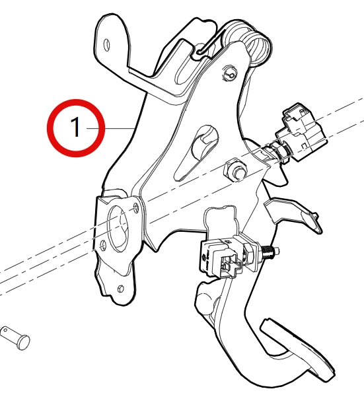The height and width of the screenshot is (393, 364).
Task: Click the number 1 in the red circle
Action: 76,127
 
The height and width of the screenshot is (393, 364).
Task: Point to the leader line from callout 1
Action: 119,127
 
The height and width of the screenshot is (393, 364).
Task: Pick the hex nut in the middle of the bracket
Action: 234,170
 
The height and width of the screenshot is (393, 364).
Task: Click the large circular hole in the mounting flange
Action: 119,229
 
